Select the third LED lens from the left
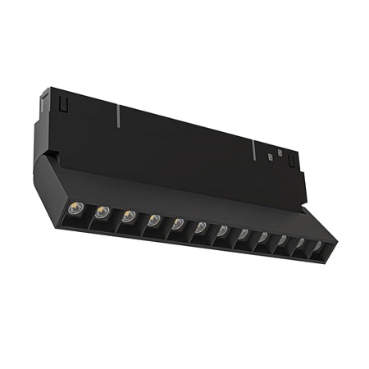[129, 217]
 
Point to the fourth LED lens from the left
[153, 220]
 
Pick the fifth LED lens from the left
[177, 223]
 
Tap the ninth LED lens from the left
[262, 238]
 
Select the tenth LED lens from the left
[281, 241]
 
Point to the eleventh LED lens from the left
[299, 244]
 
